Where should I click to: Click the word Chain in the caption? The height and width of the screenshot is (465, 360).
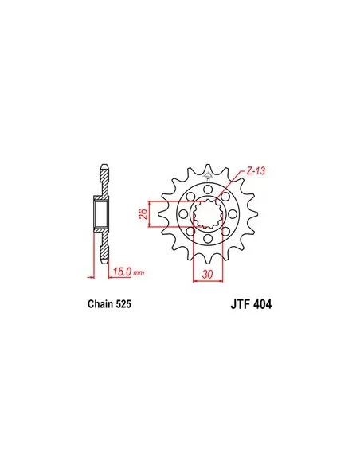tap(100, 304)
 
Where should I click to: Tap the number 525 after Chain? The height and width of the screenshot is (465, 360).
tap(123, 304)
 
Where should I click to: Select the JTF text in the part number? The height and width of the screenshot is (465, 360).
tap(240, 305)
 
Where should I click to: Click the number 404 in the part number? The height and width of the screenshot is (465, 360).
tap(262, 305)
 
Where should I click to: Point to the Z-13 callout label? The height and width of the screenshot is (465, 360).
tap(256, 171)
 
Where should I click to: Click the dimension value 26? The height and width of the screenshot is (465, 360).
tap(143, 214)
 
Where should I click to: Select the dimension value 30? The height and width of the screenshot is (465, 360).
tap(208, 275)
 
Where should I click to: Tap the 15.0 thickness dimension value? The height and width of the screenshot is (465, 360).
tap(122, 272)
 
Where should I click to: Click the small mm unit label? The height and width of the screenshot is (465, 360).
tap(139, 273)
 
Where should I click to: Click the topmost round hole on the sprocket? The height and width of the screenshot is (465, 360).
tap(208, 190)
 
